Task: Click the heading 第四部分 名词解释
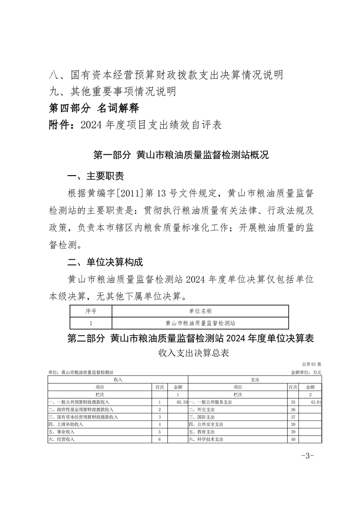click(x=94, y=108)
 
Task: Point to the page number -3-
click(x=307, y=455)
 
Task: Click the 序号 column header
click(x=91, y=311)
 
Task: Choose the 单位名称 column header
click(x=200, y=311)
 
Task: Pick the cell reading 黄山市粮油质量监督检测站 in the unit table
click(x=200, y=323)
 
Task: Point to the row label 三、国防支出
click(x=202, y=417)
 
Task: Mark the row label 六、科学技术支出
click(x=206, y=440)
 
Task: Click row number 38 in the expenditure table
click(x=293, y=425)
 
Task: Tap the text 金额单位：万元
click(x=306, y=372)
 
